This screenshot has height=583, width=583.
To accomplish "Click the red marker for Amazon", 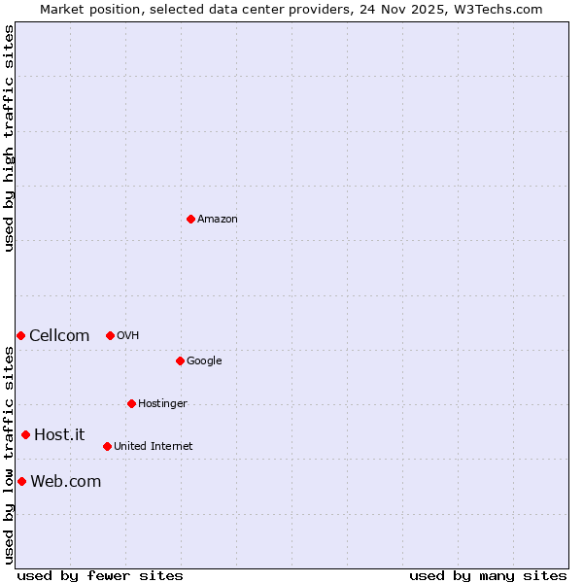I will tap(190, 219).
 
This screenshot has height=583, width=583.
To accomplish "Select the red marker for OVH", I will tap(110, 335).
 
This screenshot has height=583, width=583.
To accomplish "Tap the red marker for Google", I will tap(180, 360).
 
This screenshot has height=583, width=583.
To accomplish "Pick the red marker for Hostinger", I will tap(131, 403).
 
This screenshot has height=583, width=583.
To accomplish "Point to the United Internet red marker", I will tap(107, 446).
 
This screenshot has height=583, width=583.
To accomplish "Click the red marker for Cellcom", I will tap(20, 335).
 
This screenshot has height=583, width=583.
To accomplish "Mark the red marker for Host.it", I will tap(25, 434).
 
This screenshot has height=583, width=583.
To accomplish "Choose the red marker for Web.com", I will tap(21, 481).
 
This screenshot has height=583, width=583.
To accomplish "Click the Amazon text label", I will tap(218, 220).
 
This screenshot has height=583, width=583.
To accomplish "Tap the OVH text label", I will tap(128, 336).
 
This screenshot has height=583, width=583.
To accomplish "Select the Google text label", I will tap(204, 361).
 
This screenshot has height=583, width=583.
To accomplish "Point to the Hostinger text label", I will tap(162, 404).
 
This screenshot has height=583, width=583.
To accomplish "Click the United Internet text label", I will tap(154, 447).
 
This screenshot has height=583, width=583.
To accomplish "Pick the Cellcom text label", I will tap(59, 336).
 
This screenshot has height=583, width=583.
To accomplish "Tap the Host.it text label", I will tap(59, 435).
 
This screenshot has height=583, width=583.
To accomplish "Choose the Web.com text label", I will tap(66, 482).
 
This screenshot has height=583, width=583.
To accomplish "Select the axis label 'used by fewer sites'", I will tap(100, 575).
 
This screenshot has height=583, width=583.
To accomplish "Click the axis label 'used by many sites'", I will tap(488, 575).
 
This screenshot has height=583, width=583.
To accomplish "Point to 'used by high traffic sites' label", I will tap(10, 138).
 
